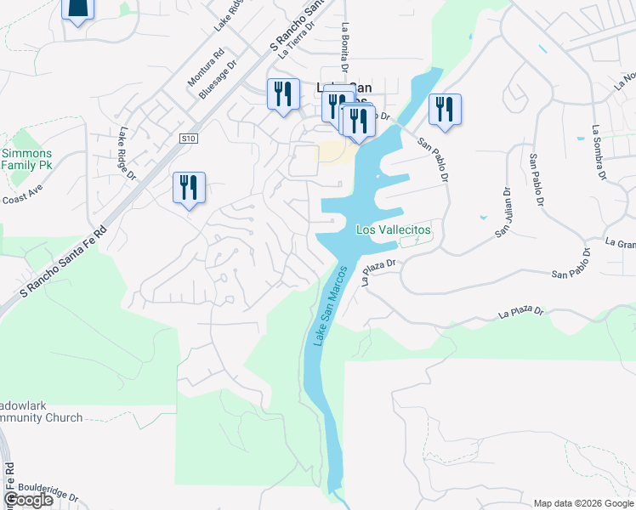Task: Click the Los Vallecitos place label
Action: pyautogui.click(x=393, y=230)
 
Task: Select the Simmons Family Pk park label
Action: pyautogui.click(x=27, y=159)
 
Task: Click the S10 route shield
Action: pyautogui.click(x=189, y=138)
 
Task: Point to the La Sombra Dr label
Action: pyautogui.click(x=599, y=153)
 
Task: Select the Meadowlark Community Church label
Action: pyautogui.click(x=41, y=411)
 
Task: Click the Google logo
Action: pyautogui.click(x=29, y=500)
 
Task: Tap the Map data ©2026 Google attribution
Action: pyautogui.click(x=583, y=502)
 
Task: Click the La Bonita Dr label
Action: pyautogui.click(x=346, y=47)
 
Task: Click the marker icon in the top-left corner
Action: pyautogui.click(x=77, y=8)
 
